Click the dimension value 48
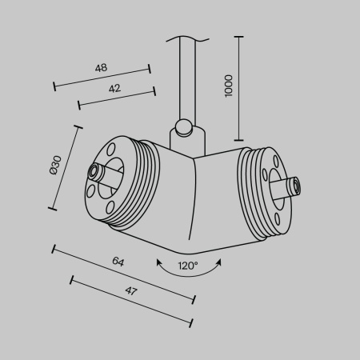point(101,68)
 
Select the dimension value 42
point(114,89)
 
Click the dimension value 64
point(118,262)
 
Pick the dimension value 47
point(131,291)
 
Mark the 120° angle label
point(188,266)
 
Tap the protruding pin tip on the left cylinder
point(94,172)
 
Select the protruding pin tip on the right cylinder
point(296,186)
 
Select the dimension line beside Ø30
point(65,167)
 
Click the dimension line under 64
point(124,274)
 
